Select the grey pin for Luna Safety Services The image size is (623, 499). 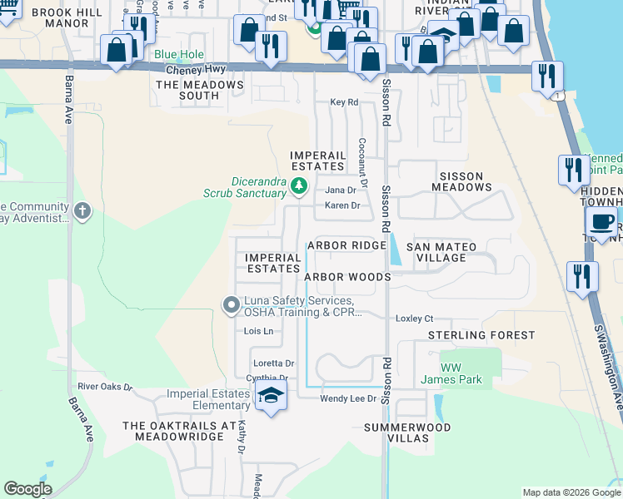(x=231, y=306)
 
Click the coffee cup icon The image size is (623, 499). (x=601, y=222)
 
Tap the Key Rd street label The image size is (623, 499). (x=343, y=102)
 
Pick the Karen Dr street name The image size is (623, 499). (x=341, y=205)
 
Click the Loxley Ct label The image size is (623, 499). (x=415, y=319)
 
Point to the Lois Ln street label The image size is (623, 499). (x=258, y=331)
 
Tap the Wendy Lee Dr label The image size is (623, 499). (x=349, y=399)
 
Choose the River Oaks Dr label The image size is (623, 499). (x=105, y=387)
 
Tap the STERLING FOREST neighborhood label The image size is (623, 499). (x=481, y=335)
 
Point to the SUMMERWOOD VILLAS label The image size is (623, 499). (x=407, y=433)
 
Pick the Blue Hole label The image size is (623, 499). (x=178, y=55)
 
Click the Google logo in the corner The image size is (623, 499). (x=28, y=489)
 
